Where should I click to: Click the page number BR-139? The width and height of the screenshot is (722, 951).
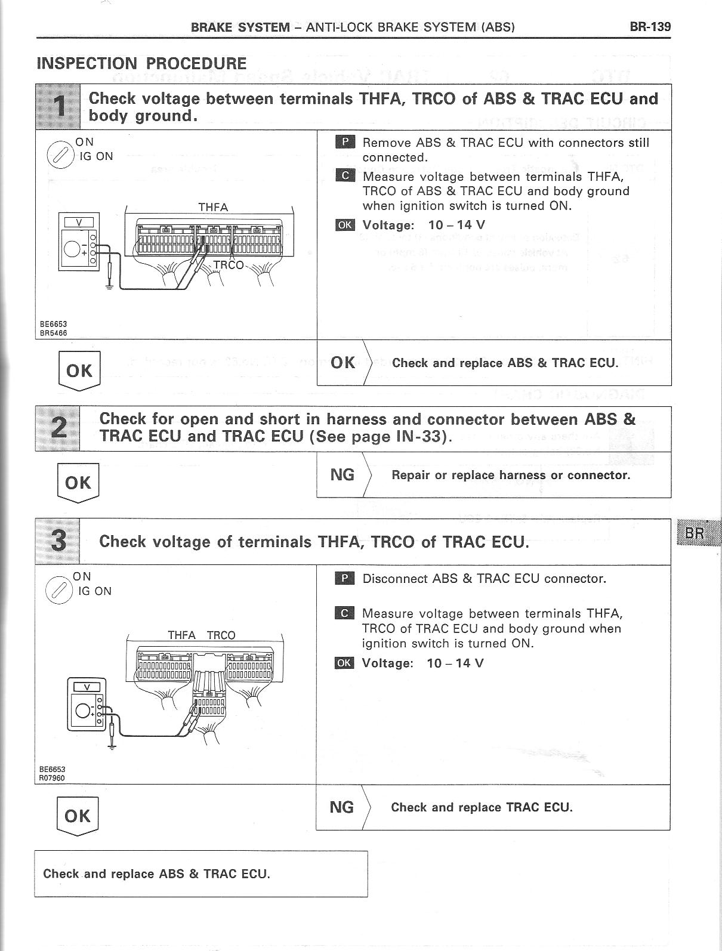649,26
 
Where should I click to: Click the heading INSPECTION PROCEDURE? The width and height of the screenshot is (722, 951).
141,63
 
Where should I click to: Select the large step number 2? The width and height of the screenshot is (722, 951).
58,428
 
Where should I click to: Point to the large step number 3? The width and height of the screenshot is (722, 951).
58,541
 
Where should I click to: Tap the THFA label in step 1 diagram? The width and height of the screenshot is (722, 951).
213,207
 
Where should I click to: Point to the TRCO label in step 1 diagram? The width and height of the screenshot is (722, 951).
229,264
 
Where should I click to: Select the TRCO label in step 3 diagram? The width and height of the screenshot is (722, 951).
221,635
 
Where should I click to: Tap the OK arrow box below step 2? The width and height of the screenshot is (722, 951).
78,483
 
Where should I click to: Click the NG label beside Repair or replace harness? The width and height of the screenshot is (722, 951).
342,475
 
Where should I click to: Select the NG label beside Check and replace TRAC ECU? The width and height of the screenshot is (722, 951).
341,807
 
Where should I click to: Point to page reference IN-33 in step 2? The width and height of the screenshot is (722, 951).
420,436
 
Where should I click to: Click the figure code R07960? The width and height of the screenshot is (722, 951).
52,777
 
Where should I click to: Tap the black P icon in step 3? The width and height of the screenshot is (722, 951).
344,578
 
